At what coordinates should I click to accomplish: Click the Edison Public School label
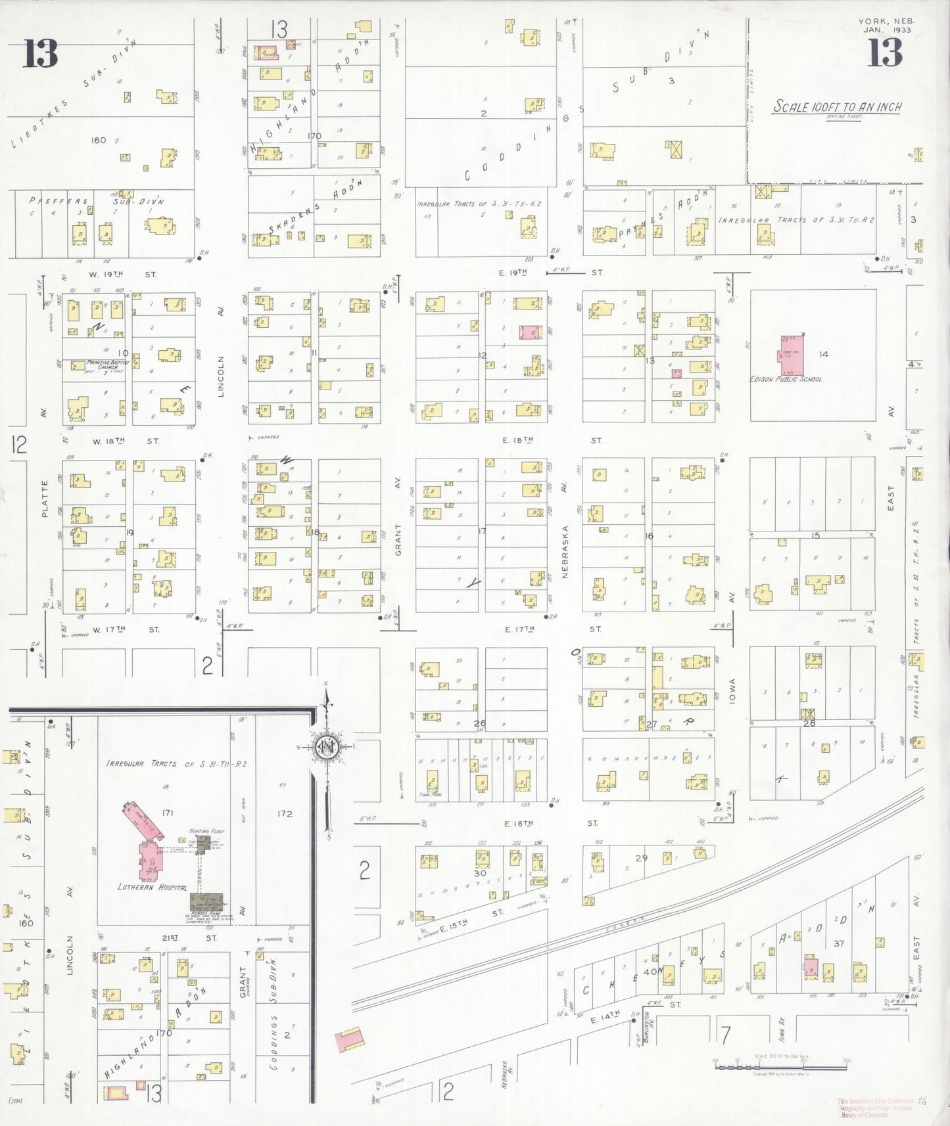[786, 379]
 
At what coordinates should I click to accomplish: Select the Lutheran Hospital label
[153, 887]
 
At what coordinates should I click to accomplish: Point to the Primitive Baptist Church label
[107, 365]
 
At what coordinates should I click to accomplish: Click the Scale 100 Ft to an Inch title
[836, 106]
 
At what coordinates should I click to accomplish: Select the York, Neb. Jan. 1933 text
[886, 26]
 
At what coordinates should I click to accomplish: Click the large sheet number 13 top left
[41, 53]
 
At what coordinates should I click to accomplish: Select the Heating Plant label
[207, 831]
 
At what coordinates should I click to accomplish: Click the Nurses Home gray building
[206, 901]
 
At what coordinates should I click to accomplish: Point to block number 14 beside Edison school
[823, 354]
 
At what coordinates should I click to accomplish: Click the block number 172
[284, 813]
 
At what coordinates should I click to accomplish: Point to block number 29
[641, 858]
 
